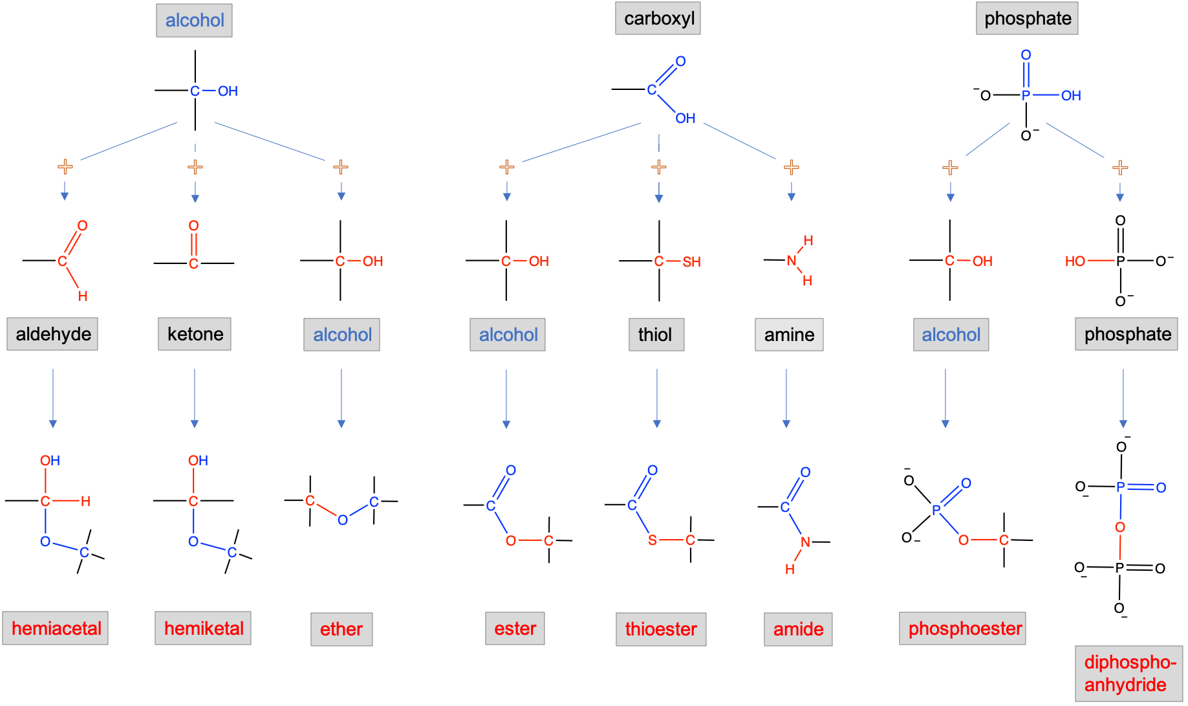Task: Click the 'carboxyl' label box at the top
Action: point(658,19)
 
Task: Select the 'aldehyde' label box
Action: point(52,334)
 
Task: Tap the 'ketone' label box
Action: point(195,334)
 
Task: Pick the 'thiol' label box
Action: point(656,335)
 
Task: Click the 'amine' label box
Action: point(789,335)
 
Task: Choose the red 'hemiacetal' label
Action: point(56,628)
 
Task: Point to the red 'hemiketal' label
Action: point(203,628)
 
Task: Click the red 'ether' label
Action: point(341,629)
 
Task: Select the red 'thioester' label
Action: point(661,629)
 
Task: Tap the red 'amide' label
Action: point(798,629)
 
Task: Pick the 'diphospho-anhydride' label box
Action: point(1129,673)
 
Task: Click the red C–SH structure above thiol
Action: point(677,261)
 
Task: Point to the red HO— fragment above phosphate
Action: point(1088,261)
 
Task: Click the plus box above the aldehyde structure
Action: point(65,168)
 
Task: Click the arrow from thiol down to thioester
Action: point(657,399)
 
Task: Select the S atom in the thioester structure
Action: point(653,540)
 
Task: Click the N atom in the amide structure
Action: point(805,542)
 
